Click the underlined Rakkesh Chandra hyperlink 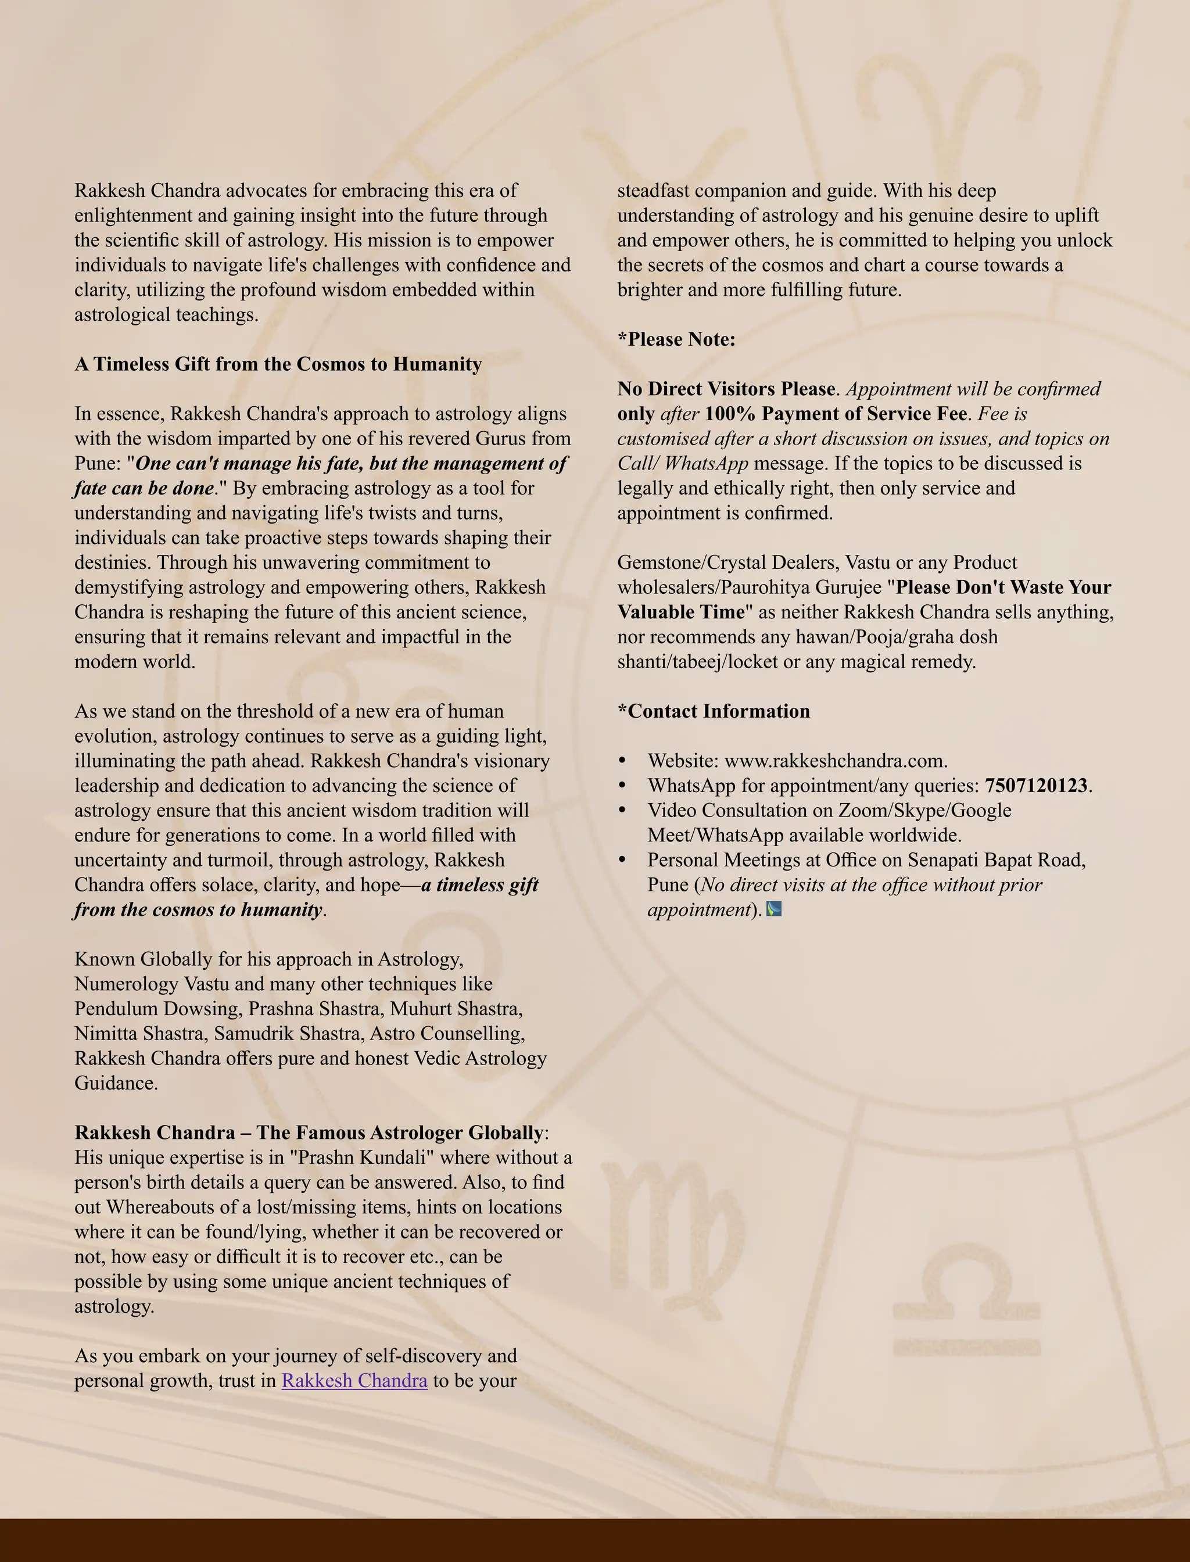coord(354,1381)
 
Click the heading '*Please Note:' coord(676,339)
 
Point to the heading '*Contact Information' coord(714,711)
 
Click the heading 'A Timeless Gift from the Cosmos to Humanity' coord(278,364)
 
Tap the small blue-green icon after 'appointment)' coord(774,909)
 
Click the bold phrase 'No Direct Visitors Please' coord(726,389)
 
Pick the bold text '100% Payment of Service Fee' coord(836,414)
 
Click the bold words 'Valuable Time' coord(682,612)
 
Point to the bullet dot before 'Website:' coord(623,761)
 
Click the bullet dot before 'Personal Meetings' coord(623,860)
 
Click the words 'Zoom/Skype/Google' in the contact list coord(924,811)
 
